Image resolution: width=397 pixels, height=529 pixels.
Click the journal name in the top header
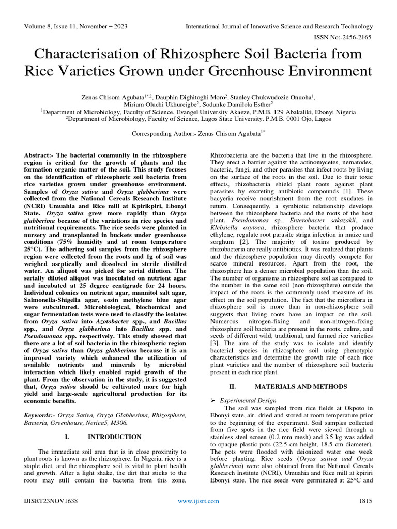pos(279,26)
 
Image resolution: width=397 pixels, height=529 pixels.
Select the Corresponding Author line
pos(198,133)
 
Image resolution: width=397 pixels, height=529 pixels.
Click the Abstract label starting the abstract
pos(39,155)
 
